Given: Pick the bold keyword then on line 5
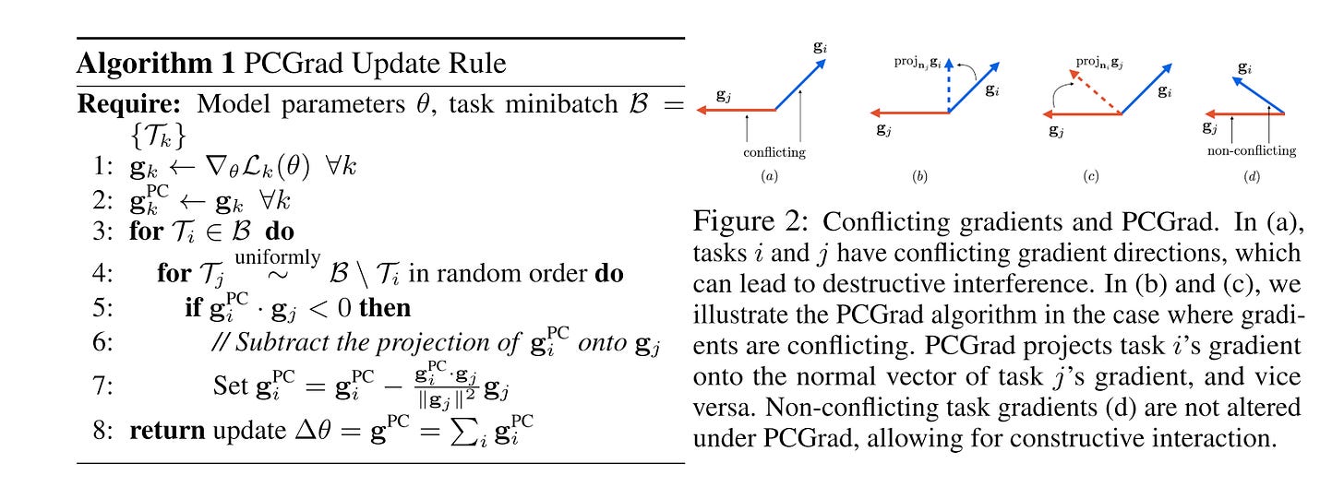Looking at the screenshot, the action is pyautogui.click(x=384, y=307).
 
